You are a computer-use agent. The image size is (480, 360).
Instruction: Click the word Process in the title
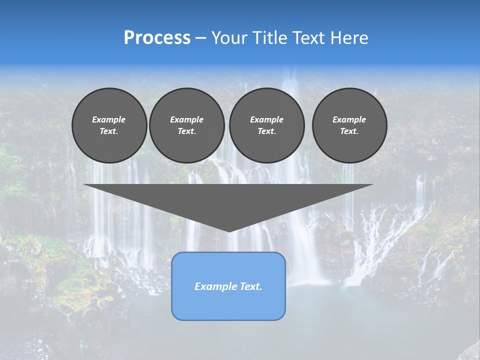click(157, 38)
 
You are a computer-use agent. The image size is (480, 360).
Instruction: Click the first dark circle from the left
click(109, 125)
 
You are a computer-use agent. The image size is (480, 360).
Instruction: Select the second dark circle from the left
click(186, 125)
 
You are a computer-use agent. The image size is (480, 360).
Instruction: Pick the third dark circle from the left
click(266, 125)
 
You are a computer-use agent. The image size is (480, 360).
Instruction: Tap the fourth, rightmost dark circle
click(349, 125)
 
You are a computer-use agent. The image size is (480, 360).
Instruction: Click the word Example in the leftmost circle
click(109, 119)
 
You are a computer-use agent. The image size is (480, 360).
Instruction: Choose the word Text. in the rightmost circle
click(349, 131)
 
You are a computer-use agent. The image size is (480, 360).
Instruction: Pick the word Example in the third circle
click(266, 119)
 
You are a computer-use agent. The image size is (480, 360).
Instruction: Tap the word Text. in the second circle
click(186, 131)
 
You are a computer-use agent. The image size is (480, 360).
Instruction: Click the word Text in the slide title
click(309, 38)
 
